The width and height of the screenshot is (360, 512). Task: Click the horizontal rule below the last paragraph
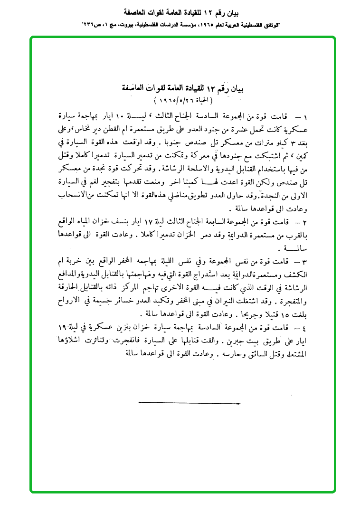click(189, 403)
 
